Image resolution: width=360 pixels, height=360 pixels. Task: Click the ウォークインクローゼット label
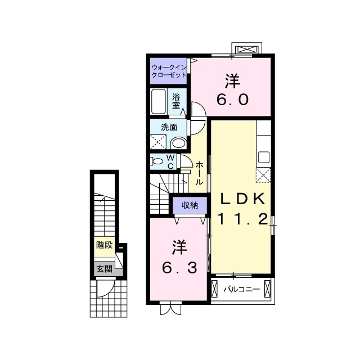(x=169, y=71)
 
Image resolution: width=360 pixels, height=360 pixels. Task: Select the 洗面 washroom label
(x=169, y=127)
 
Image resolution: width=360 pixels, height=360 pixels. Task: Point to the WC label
(x=171, y=162)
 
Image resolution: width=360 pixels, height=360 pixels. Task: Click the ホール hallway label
(x=200, y=174)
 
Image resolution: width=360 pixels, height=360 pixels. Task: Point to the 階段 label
(x=103, y=245)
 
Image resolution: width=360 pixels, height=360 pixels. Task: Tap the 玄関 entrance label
(x=103, y=269)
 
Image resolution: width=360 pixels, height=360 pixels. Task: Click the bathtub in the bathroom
(x=159, y=101)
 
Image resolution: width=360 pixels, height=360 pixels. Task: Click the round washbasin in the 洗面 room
(x=178, y=143)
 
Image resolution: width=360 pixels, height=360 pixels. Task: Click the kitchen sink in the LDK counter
(x=263, y=156)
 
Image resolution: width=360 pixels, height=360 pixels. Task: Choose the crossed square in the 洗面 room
(x=158, y=142)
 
